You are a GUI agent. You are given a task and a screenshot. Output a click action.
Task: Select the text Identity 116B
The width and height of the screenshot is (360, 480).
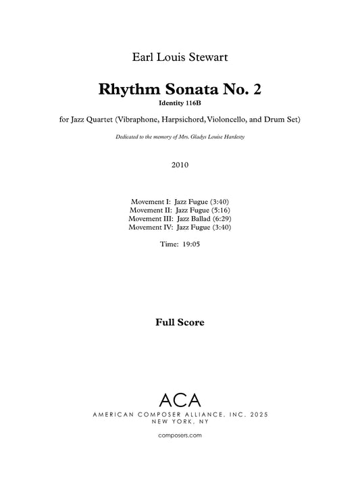(180, 104)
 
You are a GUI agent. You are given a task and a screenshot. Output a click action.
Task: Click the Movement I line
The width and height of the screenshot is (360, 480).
(180, 201)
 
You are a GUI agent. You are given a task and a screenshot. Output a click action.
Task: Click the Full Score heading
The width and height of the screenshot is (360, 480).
(180, 323)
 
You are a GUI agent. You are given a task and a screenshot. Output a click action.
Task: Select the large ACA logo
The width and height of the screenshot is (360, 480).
(180, 399)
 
